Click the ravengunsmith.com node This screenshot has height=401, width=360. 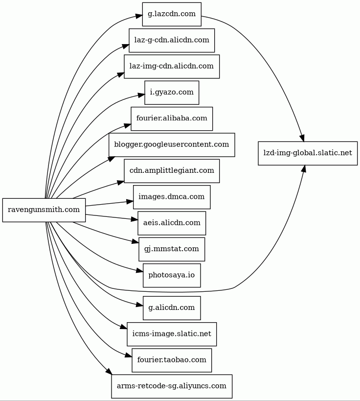point(44,210)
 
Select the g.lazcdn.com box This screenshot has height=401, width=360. point(172,14)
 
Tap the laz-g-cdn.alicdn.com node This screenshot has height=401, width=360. point(172,40)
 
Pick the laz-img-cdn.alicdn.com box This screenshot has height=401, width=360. point(172,66)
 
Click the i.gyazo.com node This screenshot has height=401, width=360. point(172,93)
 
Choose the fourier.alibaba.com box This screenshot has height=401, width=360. point(172,118)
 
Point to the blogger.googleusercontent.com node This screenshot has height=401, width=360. point(172,144)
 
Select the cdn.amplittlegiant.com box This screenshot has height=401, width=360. point(172,171)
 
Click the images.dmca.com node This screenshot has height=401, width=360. point(172,197)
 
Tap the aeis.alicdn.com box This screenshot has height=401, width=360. point(172,223)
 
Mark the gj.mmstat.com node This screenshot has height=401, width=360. point(172,249)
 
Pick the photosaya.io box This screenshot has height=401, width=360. point(172,275)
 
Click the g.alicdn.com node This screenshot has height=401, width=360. point(172,308)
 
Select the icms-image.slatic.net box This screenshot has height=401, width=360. point(172,334)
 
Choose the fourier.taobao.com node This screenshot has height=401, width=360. point(172,360)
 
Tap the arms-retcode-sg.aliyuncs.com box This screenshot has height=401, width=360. point(172,386)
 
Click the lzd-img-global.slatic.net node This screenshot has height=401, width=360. point(308,153)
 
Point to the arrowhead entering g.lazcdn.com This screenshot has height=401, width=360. point(139,17)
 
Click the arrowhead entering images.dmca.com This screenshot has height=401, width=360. point(131,201)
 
